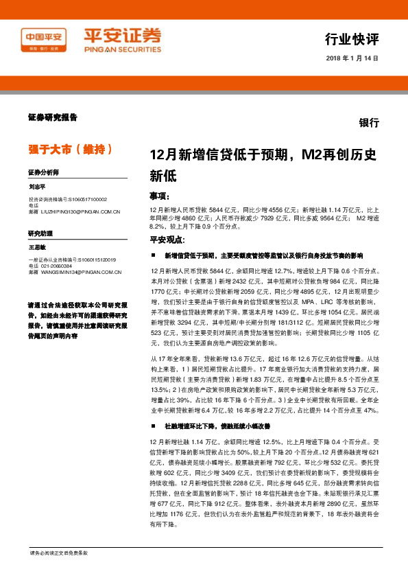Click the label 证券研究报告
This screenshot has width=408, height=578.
(52, 117)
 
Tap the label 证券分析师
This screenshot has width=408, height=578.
(44, 172)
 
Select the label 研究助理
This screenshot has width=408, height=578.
(40, 234)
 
